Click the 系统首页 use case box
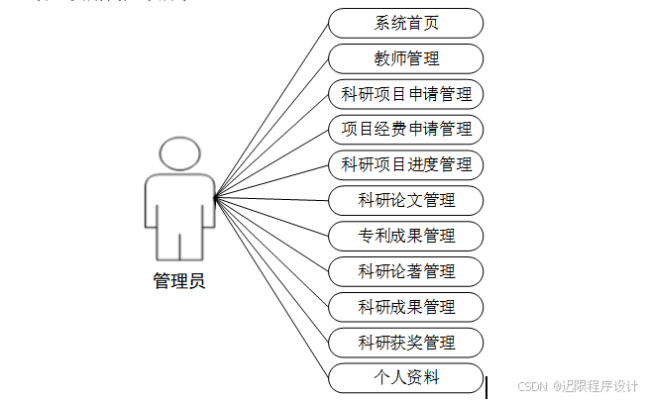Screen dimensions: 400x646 coord(406,23)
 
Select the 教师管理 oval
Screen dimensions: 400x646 coord(406,58)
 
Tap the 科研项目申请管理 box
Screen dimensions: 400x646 coord(406,94)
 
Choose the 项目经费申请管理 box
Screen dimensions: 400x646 coord(406,129)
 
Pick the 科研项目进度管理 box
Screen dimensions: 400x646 coord(406,164)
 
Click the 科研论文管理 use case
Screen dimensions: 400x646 coord(406,200)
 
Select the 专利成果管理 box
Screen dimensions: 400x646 coord(406,236)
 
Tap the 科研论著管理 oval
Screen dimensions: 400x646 coord(406,271)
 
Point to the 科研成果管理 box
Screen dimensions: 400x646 coord(406,307)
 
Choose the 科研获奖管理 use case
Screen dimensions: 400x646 coord(406,343)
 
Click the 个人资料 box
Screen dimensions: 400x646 coord(406,377)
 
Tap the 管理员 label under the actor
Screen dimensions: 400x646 coord(179,281)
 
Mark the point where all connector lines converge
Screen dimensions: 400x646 coord(215,197)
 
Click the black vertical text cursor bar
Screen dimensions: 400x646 coord(486,386)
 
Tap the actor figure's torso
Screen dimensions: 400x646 coord(179,203)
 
